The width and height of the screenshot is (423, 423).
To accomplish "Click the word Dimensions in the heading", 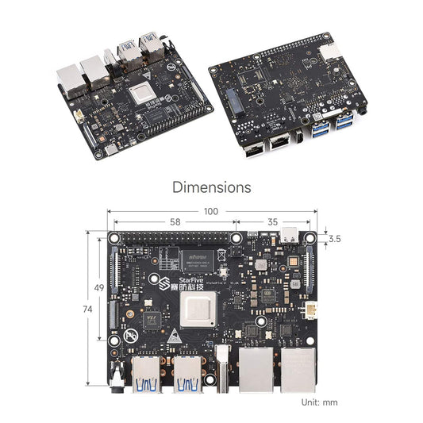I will pyautogui.click(x=211, y=187).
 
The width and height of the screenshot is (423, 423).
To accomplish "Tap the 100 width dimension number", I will pyautogui.click(x=211, y=212).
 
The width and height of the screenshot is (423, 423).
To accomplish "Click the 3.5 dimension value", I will pyautogui.click(x=333, y=238).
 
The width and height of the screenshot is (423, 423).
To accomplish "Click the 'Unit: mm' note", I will pyautogui.click(x=319, y=402).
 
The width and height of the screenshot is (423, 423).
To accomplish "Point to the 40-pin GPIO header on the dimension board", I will pyautogui.click(x=175, y=237).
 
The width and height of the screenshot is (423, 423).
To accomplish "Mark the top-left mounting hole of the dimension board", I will pyautogui.click(x=115, y=237).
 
